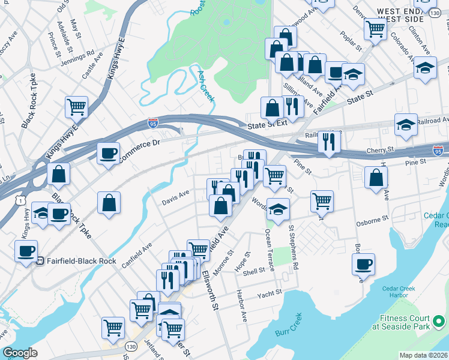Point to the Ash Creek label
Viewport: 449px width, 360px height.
pos(206,85)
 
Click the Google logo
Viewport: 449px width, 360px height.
pos(20,353)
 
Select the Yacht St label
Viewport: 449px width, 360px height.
pos(269,295)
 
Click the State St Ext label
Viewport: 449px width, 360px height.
pos(268,124)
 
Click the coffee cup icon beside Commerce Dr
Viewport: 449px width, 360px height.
pos(108,154)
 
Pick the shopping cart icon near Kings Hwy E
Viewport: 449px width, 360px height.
pos(77,107)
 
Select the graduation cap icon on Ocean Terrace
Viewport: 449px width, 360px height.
pos(278,209)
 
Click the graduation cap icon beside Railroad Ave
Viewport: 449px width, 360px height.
pos(406,125)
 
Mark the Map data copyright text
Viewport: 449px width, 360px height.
pos(423,355)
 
